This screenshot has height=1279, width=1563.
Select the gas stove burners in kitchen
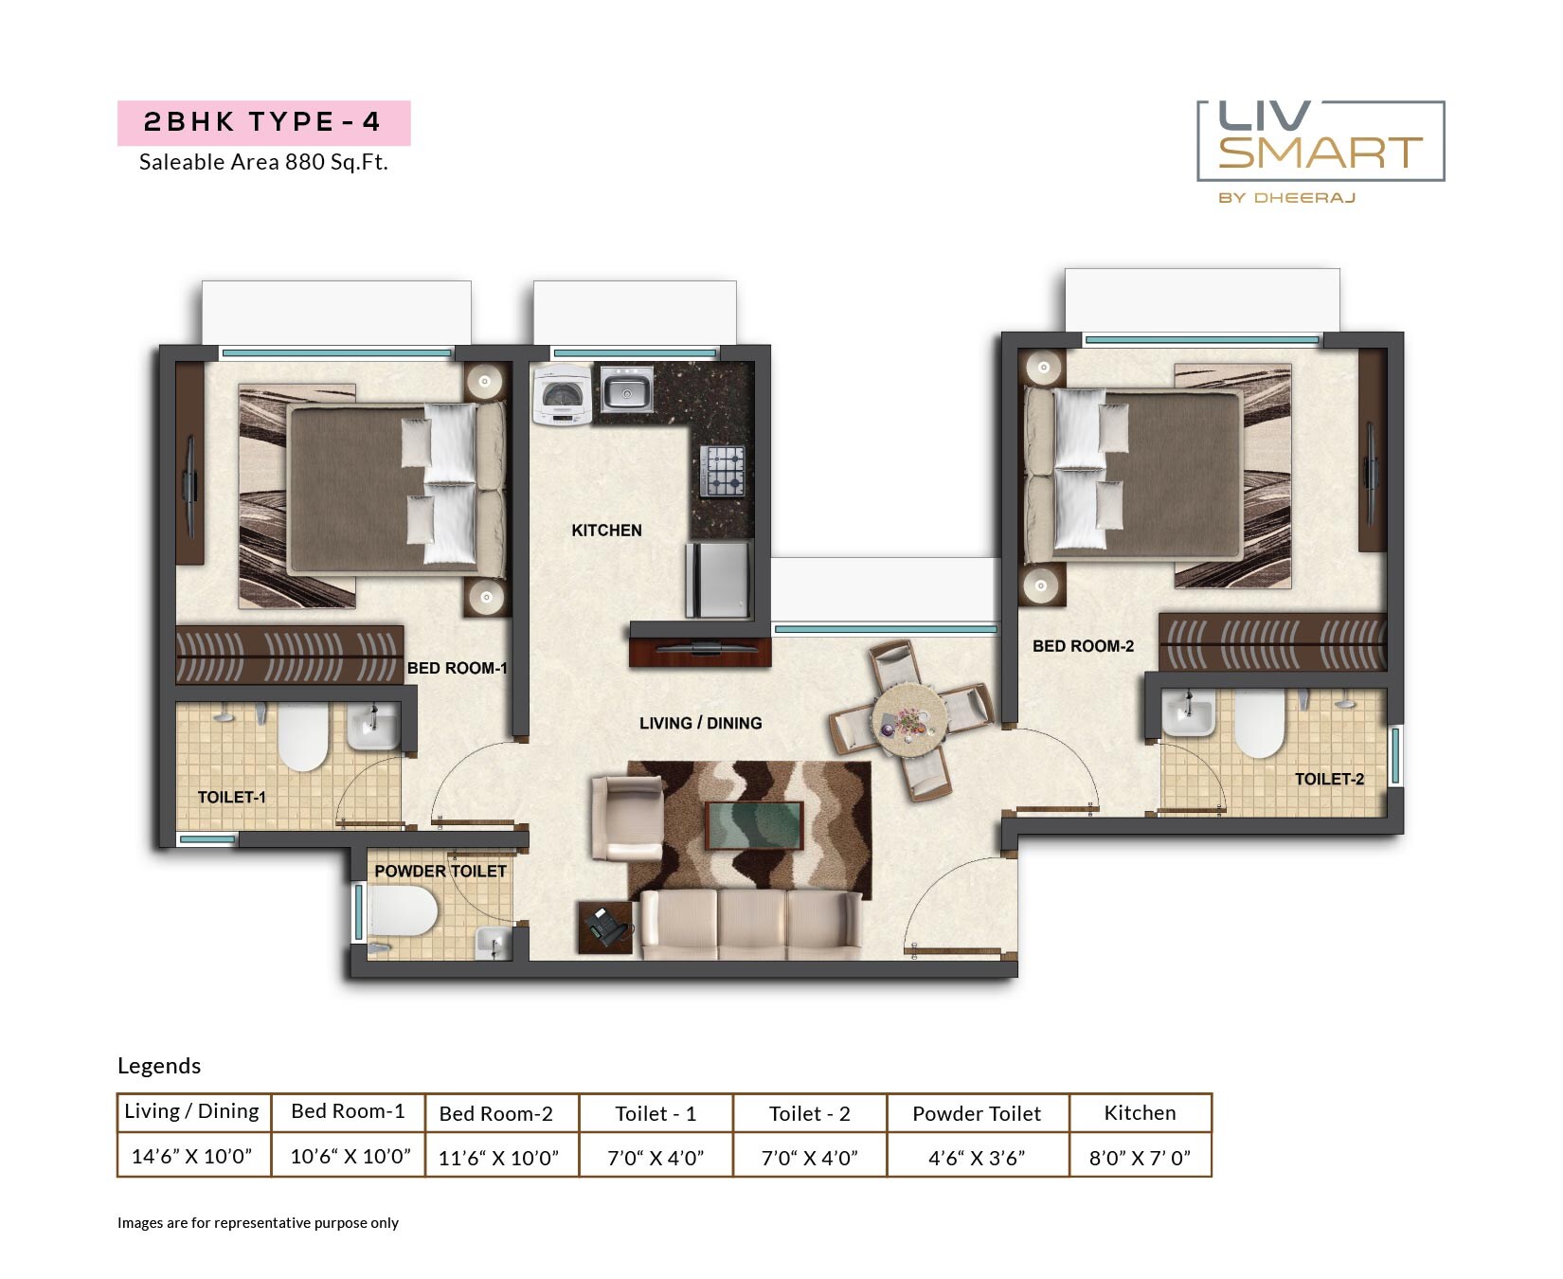tap(722, 471)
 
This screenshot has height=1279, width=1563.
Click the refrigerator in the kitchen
tap(717, 578)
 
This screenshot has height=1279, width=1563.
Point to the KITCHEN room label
tap(606, 531)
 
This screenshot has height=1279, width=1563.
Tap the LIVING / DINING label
tap(700, 723)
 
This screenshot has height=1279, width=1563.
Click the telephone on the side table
tap(604, 925)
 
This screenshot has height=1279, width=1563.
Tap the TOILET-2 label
tap(1329, 779)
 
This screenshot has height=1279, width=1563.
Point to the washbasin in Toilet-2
tap(1189, 712)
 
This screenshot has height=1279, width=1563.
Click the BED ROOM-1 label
tap(457, 668)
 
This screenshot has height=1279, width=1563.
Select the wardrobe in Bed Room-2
tap(1272, 643)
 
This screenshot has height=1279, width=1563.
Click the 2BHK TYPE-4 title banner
tap(263, 122)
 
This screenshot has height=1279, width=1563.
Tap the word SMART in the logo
tap(1320, 153)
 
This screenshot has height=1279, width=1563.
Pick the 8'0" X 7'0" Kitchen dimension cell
tap(1140, 1157)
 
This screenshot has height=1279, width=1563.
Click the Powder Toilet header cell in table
tap(977, 1113)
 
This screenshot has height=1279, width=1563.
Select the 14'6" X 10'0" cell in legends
tap(192, 1156)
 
